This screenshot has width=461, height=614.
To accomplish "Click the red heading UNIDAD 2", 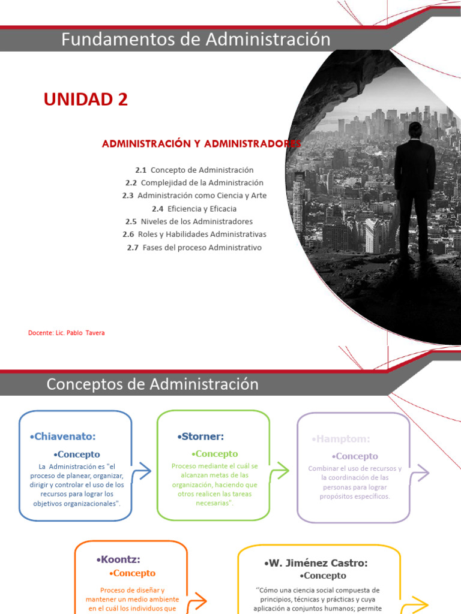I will (x=86, y=100).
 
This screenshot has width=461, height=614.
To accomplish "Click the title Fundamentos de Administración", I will (x=196, y=40).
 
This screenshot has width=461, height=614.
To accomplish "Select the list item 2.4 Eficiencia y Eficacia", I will (x=194, y=209).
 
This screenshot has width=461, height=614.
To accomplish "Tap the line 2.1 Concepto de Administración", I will (x=194, y=170).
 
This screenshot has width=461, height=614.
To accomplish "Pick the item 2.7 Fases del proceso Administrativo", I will (x=194, y=247).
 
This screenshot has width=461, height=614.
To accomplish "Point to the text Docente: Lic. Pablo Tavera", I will (x=66, y=333).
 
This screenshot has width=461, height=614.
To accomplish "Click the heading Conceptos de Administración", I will (x=152, y=384).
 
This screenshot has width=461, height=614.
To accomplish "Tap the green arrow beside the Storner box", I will (x=280, y=471).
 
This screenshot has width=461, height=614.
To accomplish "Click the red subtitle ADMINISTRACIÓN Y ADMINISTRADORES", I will (x=201, y=144).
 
